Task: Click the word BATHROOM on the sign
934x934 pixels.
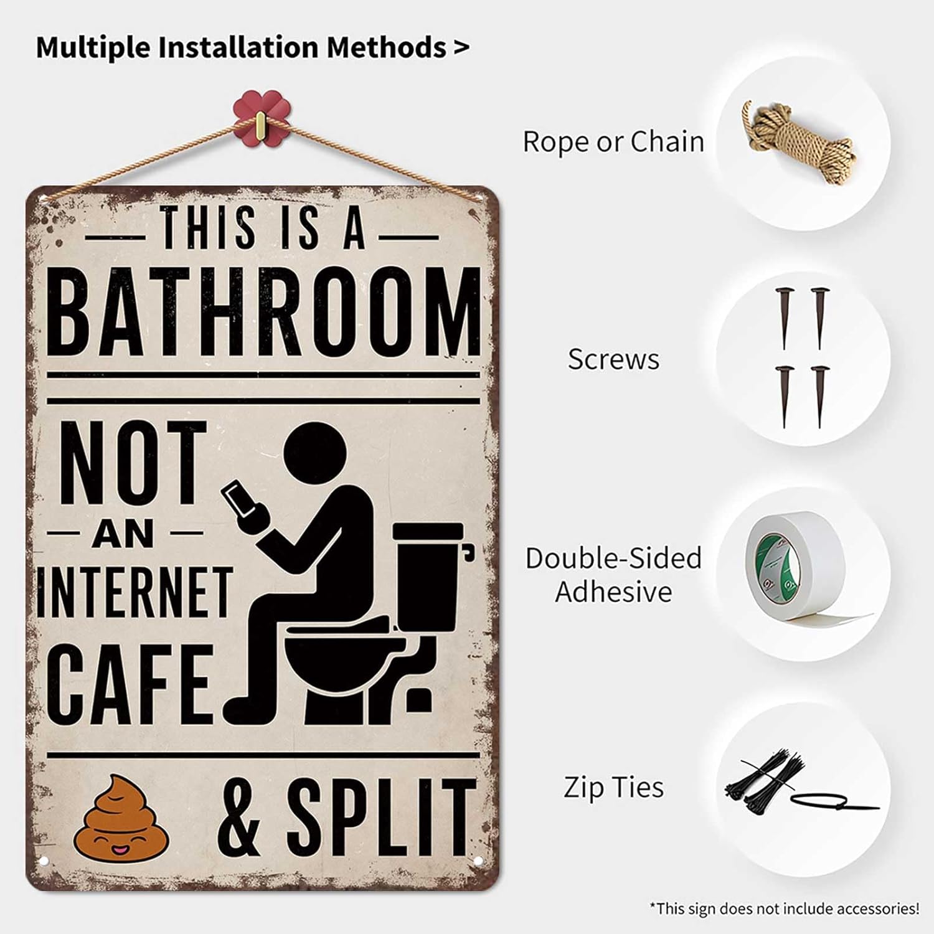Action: (264, 311)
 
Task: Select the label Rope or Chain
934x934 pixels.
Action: (613, 142)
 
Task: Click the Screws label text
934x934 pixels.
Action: (613, 360)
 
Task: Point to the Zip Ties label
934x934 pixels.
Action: (613, 787)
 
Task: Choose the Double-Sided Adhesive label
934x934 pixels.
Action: (613, 575)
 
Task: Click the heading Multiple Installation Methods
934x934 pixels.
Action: (253, 47)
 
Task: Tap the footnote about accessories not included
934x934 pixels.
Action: (784, 908)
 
